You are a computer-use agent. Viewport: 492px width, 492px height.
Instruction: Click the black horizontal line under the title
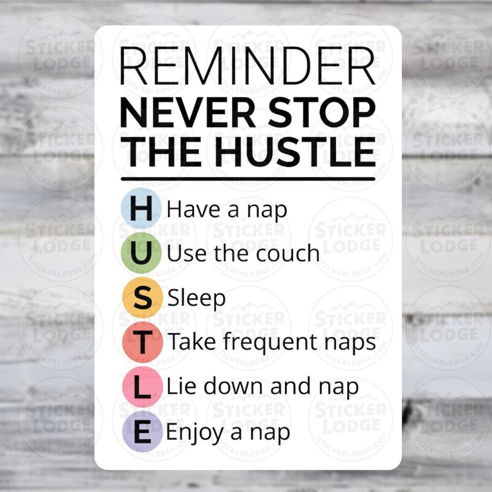pyautogui.click(x=248, y=179)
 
